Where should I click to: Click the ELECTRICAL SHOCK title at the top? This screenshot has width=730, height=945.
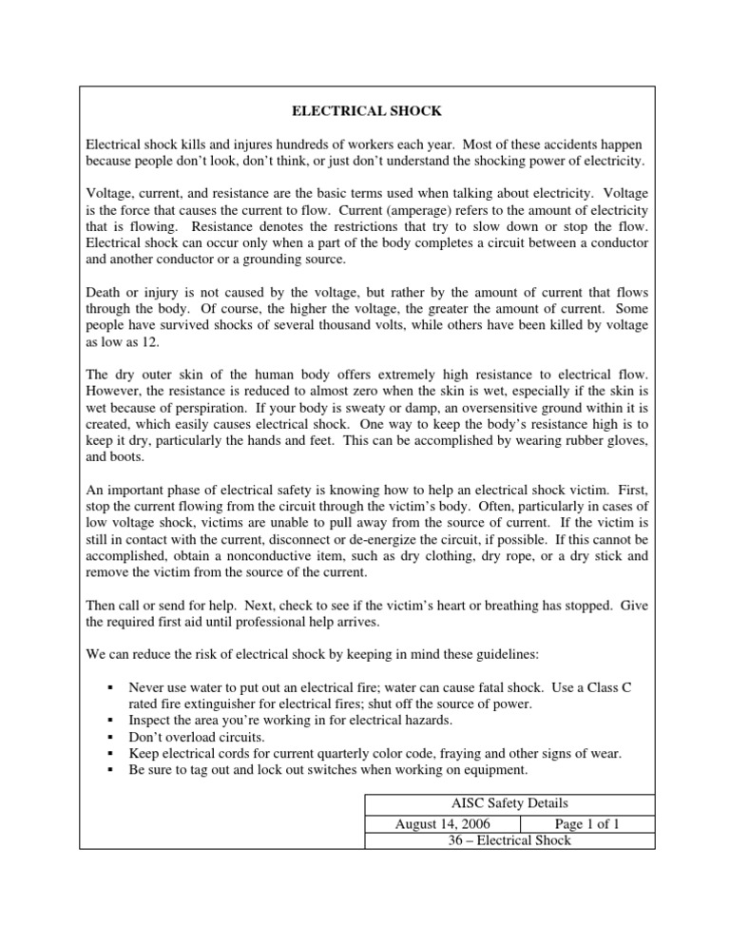point(364,111)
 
